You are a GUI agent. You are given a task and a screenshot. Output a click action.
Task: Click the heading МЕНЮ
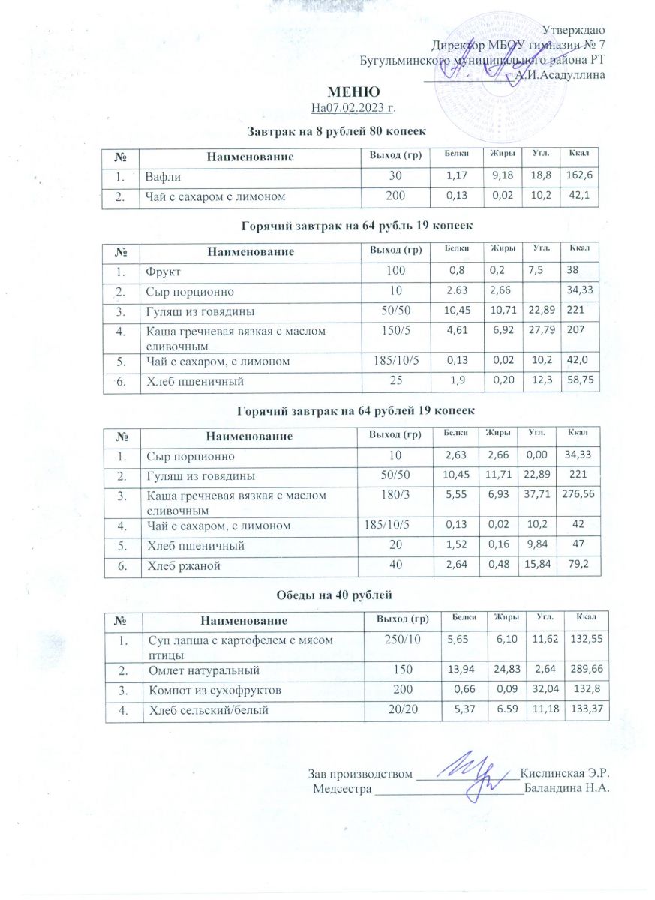click(x=351, y=94)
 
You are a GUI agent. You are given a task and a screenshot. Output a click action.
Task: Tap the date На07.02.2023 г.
click(x=353, y=109)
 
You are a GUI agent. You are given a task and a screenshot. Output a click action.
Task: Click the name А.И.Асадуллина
click(x=558, y=73)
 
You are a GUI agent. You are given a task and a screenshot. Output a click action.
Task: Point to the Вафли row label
click(x=163, y=178)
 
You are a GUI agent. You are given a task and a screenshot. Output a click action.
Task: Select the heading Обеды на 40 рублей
click(x=351, y=595)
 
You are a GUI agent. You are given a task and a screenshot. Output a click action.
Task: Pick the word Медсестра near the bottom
click(x=342, y=788)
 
